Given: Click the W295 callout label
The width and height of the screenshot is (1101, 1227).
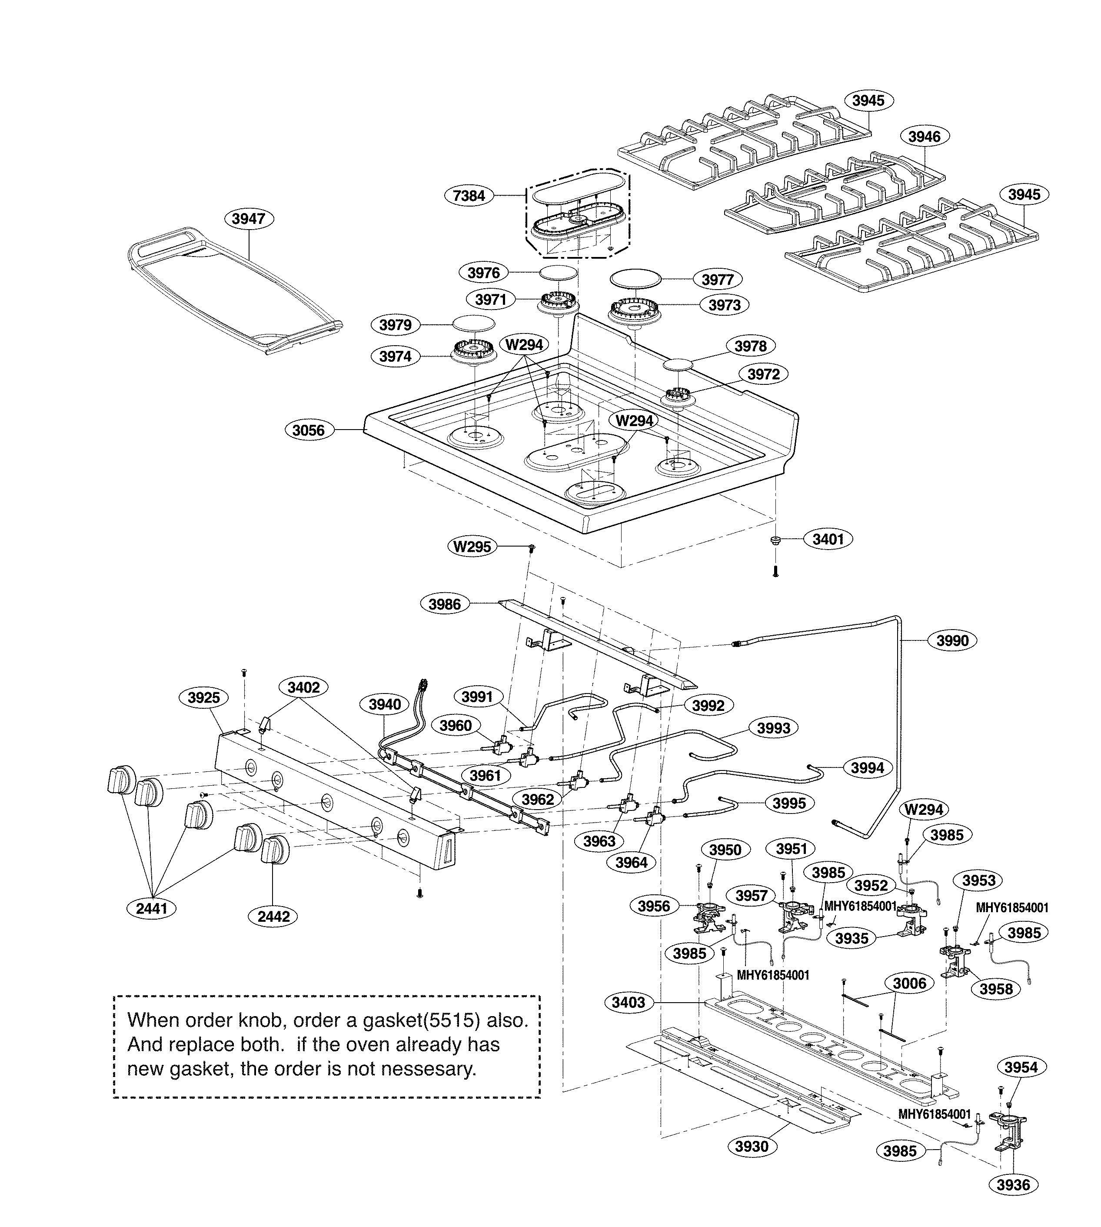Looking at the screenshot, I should click(x=472, y=547).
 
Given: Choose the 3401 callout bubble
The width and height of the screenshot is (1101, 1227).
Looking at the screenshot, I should click(x=828, y=539).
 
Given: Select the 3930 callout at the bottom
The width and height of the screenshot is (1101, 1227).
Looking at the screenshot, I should click(x=752, y=1146).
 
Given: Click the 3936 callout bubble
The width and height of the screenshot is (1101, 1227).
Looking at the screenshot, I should click(x=1013, y=1202).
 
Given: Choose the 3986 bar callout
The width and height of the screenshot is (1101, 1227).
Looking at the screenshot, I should click(x=445, y=604).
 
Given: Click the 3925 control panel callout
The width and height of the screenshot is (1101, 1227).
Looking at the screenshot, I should click(x=204, y=697).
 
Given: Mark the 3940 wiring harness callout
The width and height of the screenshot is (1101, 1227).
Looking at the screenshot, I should click(x=385, y=704).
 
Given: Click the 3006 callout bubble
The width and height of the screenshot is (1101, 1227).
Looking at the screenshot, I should click(x=909, y=983).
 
